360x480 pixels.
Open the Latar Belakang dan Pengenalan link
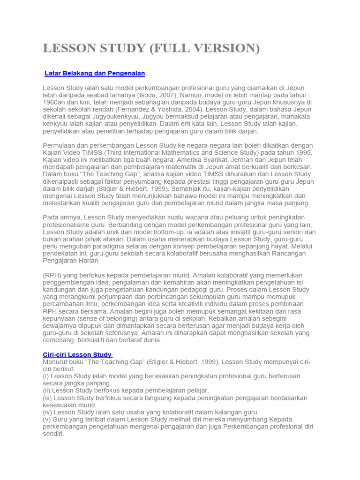pos(95,74)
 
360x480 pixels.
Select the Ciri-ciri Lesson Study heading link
pos(78,355)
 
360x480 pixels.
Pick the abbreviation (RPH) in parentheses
pos(52,275)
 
